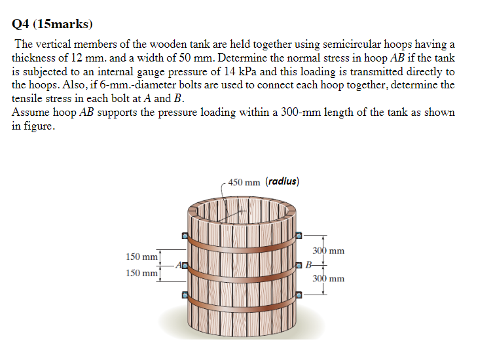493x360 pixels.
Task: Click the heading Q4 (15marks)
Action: click(52, 25)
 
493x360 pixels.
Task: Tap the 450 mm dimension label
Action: click(244, 182)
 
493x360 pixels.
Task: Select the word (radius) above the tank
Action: click(283, 181)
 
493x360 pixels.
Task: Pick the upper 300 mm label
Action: click(328, 251)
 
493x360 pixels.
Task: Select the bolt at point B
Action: click(300, 264)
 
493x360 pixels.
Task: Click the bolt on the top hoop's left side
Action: click(185, 235)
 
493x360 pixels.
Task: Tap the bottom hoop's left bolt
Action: click(185, 295)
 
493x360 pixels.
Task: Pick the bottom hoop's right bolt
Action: click(299, 295)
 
